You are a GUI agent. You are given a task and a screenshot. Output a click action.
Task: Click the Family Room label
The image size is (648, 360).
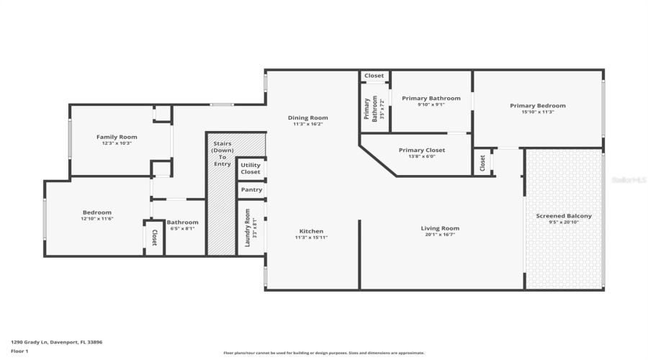117,137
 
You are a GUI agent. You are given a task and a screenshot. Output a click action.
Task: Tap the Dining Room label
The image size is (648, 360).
307,118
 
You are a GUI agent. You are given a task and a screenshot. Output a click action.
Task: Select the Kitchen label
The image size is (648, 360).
311,231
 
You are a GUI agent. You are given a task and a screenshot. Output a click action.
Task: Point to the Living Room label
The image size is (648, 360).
440,228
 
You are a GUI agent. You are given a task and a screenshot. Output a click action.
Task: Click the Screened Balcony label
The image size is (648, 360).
564,216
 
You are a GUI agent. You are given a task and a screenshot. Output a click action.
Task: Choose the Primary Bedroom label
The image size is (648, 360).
537,106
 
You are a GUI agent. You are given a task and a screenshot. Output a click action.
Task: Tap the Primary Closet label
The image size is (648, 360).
422,150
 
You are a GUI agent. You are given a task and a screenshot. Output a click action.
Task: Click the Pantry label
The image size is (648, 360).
251,190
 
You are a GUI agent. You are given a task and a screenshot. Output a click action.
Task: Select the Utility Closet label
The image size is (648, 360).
251,168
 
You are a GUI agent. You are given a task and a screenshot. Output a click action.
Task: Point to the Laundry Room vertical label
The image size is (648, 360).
247,228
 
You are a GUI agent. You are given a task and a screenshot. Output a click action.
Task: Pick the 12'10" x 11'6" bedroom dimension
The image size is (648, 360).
97,219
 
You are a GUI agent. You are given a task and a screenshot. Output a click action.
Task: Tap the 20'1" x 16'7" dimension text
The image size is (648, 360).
440,235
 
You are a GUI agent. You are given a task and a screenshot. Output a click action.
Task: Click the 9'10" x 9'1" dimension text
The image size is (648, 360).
431,104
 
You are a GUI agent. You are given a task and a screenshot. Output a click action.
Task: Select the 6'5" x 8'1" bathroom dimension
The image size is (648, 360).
182,229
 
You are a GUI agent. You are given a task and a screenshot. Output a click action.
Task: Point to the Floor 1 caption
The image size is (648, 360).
19,351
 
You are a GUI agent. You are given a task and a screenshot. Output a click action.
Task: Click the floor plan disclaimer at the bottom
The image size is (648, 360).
323,353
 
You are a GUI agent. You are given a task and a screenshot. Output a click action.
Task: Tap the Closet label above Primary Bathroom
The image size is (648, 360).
374,76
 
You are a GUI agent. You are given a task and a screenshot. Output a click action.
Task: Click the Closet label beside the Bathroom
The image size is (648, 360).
153,238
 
